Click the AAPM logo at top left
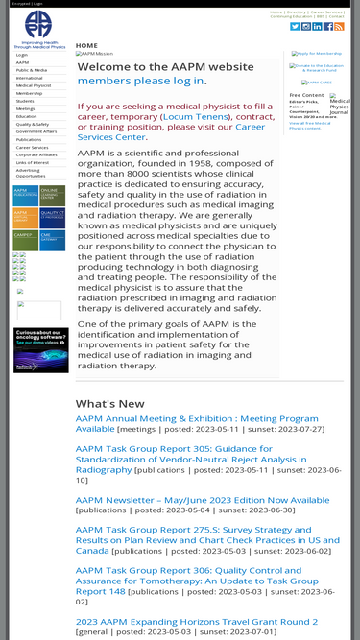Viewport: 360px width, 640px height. (x=38, y=30)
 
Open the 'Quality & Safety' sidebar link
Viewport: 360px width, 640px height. (x=32, y=124)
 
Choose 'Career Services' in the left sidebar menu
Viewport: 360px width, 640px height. (x=32, y=147)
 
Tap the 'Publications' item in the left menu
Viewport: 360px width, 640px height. (x=29, y=139)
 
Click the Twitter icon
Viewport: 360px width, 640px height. (x=296, y=26)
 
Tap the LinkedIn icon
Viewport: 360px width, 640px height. (x=318, y=26)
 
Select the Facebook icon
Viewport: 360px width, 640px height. (x=328, y=26)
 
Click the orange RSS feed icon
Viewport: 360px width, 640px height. (x=339, y=26)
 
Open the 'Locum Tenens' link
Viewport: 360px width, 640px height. (x=196, y=115)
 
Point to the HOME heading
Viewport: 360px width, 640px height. (x=86, y=45)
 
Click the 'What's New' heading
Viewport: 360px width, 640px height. (x=110, y=404)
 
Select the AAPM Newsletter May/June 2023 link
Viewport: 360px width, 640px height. (x=203, y=500)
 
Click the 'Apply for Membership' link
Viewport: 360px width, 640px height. (x=318, y=54)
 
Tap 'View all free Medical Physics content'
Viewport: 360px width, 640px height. (x=309, y=125)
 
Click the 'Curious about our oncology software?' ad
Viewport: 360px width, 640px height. (x=40, y=349)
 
